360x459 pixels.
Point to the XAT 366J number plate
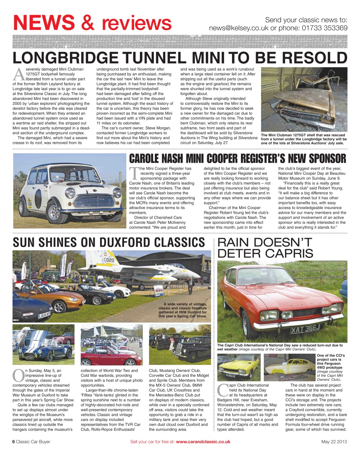[305, 329]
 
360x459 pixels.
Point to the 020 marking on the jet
[109, 260]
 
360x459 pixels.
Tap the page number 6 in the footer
[14, 442]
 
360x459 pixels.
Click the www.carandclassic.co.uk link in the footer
[203, 442]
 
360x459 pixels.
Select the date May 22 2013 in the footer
[334, 442]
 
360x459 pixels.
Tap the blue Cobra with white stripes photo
[43, 345]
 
